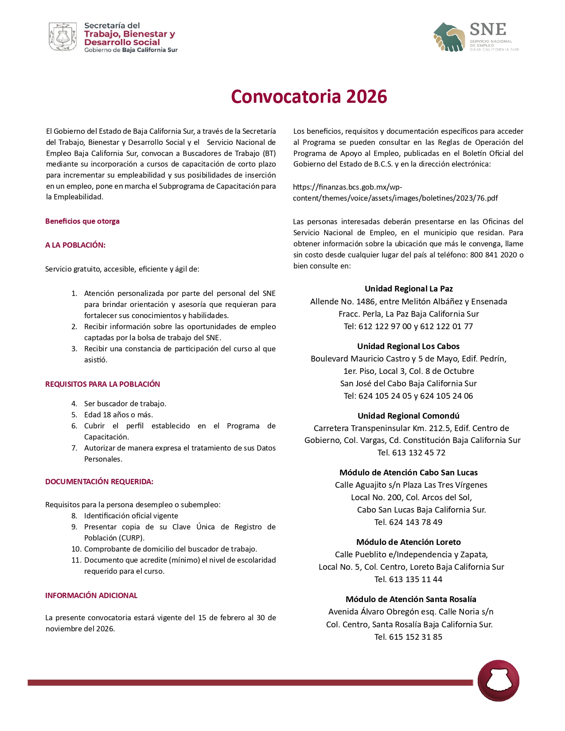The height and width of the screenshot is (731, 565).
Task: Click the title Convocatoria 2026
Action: (x=309, y=97)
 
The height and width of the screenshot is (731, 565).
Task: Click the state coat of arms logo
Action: (x=62, y=37)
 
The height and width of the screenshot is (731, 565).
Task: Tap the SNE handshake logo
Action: (x=449, y=37)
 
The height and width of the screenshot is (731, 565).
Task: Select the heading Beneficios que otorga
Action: (x=82, y=221)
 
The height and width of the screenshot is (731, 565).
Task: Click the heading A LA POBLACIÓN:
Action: (x=75, y=245)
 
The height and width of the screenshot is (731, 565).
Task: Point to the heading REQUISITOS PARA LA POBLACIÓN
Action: (x=102, y=384)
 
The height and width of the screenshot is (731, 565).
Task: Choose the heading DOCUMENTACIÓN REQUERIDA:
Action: (x=99, y=482)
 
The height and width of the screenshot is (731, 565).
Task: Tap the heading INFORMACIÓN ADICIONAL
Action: (x=91, y=595)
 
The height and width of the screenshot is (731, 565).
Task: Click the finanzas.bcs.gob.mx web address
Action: (x=395, y=193)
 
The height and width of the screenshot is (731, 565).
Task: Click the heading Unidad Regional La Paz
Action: (x=409, y=289)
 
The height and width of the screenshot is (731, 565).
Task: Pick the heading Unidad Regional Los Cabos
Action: (x=408, y=346)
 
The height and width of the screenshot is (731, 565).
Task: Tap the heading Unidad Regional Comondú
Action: (x=408, y=416)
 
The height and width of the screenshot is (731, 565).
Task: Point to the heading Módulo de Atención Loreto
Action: (x=408, y=542)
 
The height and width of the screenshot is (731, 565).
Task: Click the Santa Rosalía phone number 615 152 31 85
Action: (x=415, y=637)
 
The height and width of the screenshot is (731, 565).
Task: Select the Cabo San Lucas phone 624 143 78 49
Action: (x=415, y=522)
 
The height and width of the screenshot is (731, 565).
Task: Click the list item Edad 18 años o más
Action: (x=118, y=415)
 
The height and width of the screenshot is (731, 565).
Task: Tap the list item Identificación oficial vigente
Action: (x=131, y=516)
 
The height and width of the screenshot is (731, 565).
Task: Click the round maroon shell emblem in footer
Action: (x=498, y=681)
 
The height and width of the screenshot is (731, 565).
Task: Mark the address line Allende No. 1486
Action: (x=408, y=302)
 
